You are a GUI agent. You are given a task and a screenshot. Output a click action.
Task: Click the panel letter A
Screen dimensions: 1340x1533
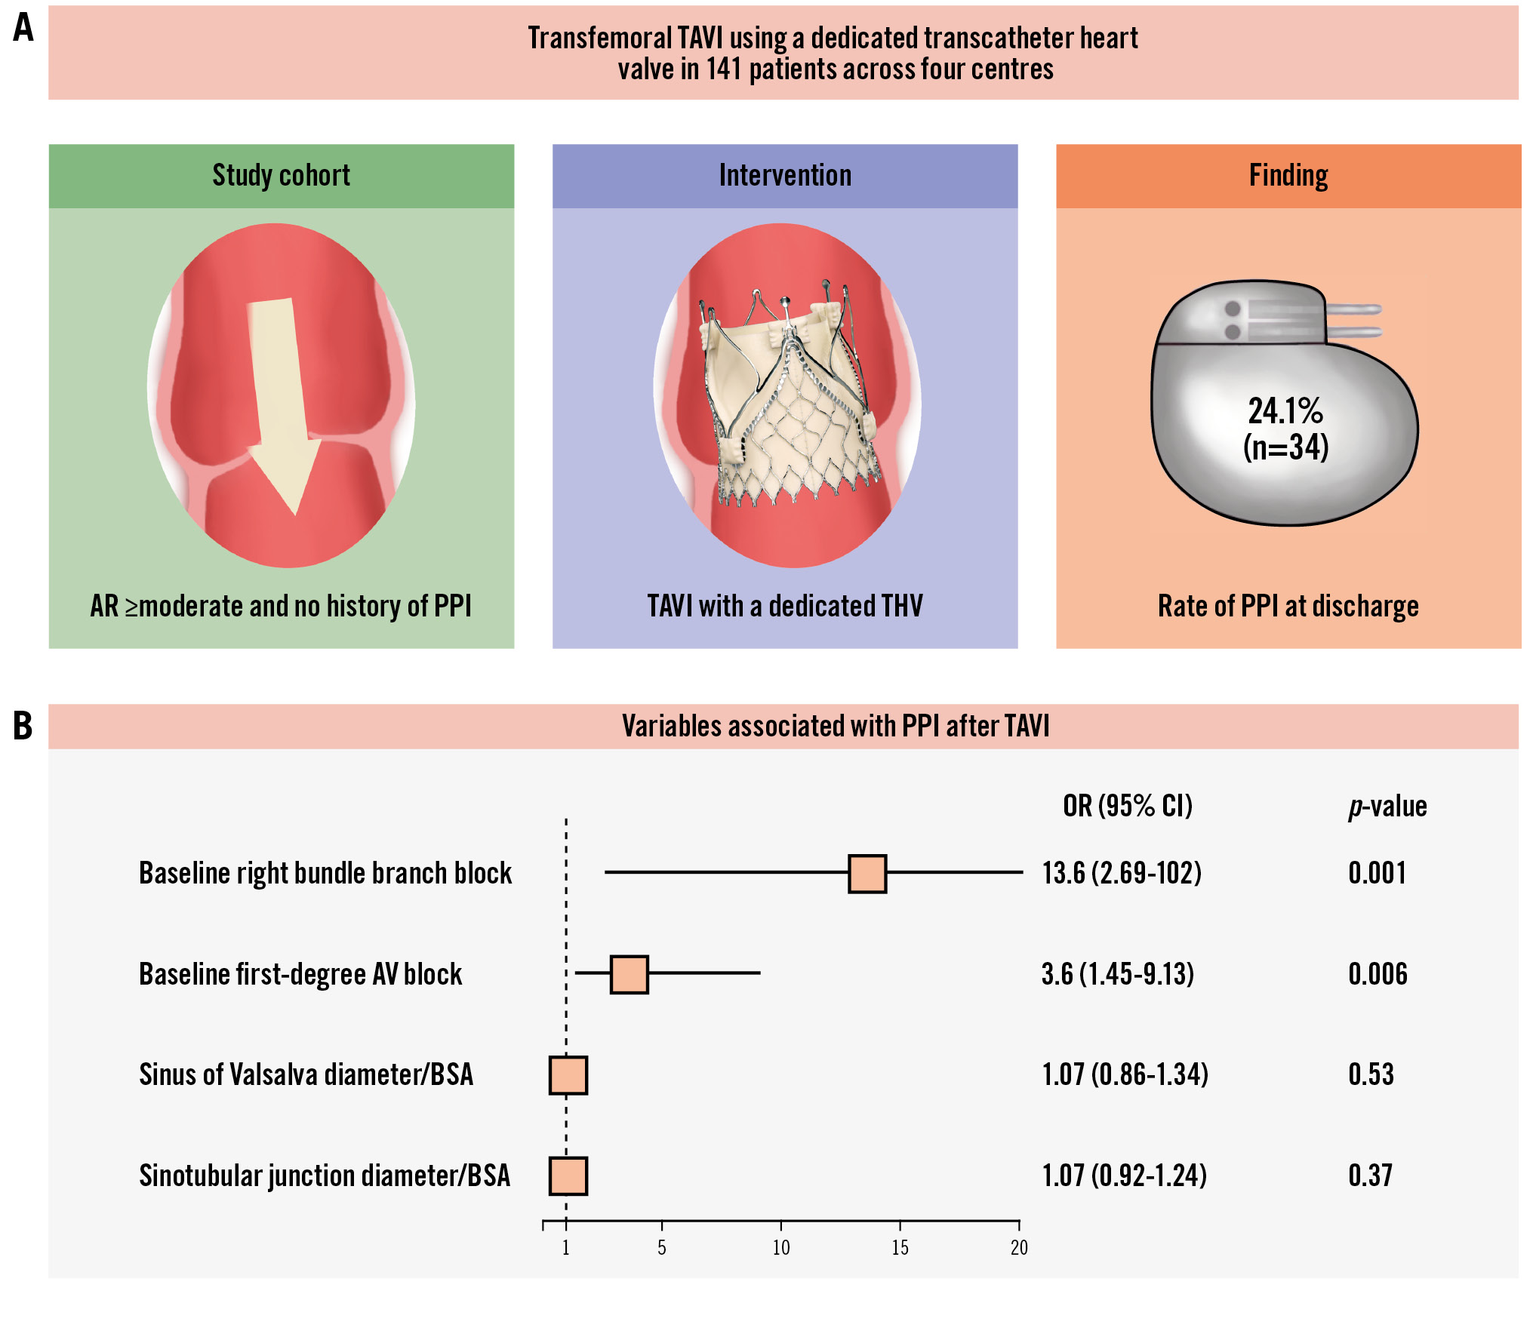23,28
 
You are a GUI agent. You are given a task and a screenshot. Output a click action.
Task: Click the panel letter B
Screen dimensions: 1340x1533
23,726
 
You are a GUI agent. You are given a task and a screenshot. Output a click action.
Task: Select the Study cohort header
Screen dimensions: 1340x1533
281,176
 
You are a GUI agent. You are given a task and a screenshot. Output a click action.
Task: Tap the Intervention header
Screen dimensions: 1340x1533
785,176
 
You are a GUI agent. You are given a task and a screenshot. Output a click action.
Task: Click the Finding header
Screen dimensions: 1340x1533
1288,176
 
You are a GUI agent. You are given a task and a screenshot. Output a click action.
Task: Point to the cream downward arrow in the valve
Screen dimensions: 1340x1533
282,400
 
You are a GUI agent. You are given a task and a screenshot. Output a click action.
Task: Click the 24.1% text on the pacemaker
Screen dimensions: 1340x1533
1285,411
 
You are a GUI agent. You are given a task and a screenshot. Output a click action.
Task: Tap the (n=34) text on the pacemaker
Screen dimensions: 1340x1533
1286,447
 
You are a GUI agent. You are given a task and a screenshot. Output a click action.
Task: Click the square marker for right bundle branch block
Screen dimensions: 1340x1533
867,874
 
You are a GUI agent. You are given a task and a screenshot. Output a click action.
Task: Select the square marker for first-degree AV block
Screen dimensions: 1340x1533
630,974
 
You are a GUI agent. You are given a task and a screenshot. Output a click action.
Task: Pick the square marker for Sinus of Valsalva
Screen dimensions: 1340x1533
568,1075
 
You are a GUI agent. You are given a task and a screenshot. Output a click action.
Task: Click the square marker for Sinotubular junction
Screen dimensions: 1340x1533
568,1176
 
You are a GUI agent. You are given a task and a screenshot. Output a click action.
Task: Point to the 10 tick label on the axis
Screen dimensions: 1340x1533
781,1248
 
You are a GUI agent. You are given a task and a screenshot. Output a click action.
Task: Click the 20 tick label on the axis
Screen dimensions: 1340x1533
1019,1248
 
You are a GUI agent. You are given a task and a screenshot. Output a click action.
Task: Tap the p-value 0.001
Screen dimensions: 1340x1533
1378,874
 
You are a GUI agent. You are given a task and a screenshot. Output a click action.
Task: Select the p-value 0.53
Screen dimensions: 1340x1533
1371,1074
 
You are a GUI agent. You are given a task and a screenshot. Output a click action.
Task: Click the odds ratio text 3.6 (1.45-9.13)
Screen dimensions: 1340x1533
1118,974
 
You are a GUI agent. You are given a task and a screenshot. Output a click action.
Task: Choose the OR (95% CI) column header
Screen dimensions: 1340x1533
1128,807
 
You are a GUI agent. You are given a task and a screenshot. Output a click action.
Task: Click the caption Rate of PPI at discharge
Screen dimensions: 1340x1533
1288,606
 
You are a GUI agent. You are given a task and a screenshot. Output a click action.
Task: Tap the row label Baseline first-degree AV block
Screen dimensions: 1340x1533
300,974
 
